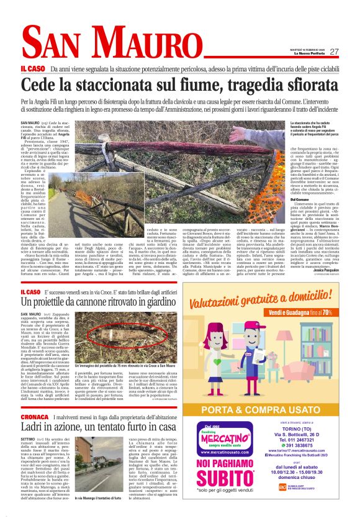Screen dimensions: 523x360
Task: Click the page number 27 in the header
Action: pos(334,52)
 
